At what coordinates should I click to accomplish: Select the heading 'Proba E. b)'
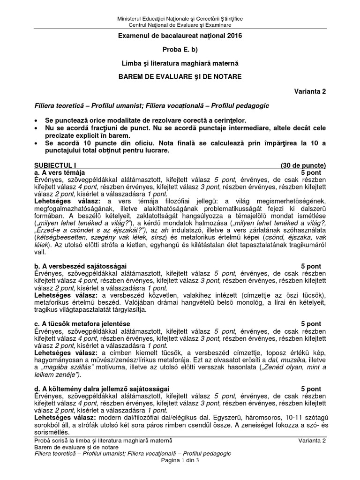tap(180, 49)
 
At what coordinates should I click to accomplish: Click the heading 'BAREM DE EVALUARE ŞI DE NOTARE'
tap(180, 76)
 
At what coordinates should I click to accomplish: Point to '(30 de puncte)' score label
tap(303, 165)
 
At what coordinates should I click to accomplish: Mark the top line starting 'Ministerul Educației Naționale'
tap(180, 18)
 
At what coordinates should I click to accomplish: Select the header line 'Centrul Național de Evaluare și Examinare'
tap(180, 24)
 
